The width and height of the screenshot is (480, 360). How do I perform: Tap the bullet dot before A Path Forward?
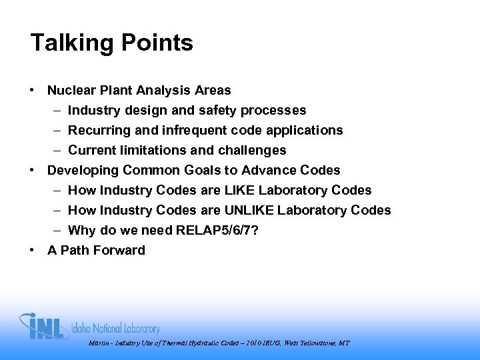[x=32, y=249]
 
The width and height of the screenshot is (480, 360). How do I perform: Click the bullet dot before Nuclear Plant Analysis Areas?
[x=32, y=89]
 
